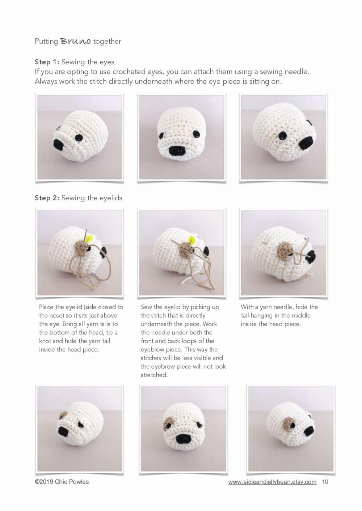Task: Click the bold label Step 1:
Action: (x=47, y=62)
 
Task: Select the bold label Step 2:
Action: (x=47, y=198)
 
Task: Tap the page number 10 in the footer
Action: (x=325, y=482)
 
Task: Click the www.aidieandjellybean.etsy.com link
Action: (x=272, y=482)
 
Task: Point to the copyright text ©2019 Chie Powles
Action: (x=62, y=482)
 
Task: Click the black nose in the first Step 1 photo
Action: (x=59, y=145)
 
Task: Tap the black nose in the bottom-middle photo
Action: (x=183, y=439)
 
